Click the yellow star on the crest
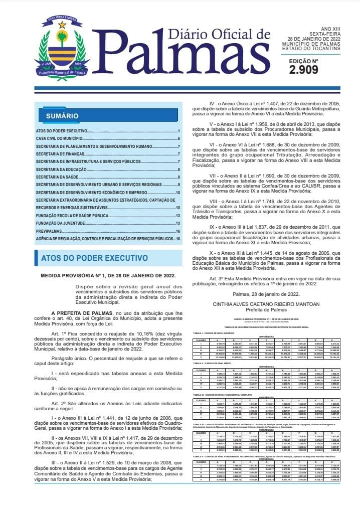(62, 25)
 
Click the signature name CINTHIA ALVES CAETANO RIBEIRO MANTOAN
(266, 304)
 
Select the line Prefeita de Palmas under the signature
(266, 310)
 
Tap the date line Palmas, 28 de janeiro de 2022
(266, 294)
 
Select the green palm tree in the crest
(62, 38)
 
